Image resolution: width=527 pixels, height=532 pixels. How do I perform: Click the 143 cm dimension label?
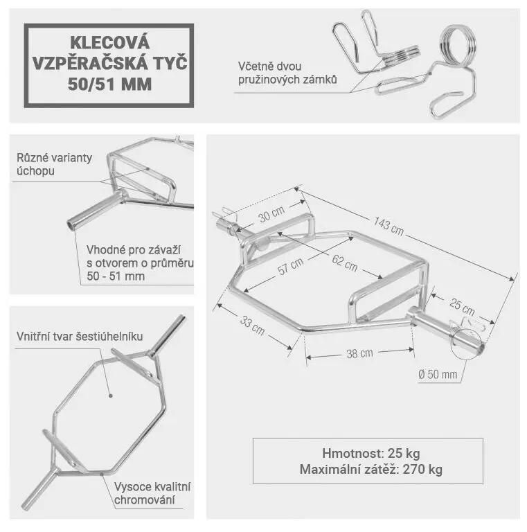point(388,227)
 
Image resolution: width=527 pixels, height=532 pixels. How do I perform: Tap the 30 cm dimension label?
point(271,214)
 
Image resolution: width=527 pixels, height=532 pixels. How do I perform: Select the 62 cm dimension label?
point(345,263)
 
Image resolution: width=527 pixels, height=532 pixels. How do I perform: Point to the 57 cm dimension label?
point(290,266)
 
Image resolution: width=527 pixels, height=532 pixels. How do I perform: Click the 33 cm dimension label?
point(252,325)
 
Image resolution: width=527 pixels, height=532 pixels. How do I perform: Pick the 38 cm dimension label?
point(359,353)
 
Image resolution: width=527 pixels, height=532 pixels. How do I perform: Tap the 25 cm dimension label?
point(462,306)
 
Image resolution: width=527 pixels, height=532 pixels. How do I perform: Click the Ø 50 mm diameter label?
point(438,374)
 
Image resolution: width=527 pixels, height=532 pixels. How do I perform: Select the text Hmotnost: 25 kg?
point(371,453)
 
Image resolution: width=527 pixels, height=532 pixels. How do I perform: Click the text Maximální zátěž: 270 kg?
point(371,469)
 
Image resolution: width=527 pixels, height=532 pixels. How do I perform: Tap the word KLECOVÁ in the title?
point(110,42)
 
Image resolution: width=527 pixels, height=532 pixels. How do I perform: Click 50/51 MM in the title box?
point(109,84)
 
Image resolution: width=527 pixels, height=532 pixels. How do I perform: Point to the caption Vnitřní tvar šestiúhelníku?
point(80,336)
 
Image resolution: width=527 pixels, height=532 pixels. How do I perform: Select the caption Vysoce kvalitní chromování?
point(152,493)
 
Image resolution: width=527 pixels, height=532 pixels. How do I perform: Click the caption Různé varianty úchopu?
point(54,164)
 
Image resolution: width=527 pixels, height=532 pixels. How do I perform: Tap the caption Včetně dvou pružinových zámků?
point(287,73)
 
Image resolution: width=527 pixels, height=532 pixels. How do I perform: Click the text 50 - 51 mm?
point(116,276)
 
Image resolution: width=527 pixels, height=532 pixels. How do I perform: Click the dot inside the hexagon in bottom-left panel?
point(110,396)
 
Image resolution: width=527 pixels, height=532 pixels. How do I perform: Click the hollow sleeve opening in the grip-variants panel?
point(71,225)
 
